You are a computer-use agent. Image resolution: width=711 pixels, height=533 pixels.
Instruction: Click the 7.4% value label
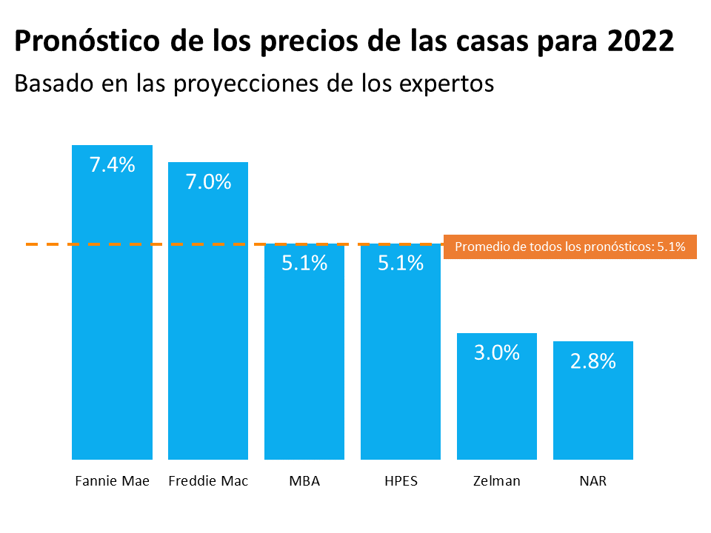[x=112, y=165]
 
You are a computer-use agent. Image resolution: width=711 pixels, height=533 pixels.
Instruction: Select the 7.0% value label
[x=208, y=182]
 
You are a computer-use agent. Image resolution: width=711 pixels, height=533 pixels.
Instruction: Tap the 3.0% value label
[x=497, y=352]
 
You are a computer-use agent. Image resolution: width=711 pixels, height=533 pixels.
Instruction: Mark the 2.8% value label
[x=593, y=361]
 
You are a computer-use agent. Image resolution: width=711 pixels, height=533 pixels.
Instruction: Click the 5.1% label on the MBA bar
[x=304, y=263]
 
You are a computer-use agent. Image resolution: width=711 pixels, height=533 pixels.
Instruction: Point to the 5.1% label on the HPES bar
[x=401, y=263]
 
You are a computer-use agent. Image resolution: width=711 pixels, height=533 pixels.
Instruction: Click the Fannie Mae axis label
[x=112, y=481]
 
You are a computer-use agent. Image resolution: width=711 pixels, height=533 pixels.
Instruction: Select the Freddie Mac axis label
[x=208, y=481]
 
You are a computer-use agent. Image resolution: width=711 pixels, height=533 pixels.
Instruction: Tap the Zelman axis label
[x=497, y=481]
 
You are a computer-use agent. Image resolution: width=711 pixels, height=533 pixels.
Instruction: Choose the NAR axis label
[x=593, y=481]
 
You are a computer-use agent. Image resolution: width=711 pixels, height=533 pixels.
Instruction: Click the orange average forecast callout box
[x=570, y=247]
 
